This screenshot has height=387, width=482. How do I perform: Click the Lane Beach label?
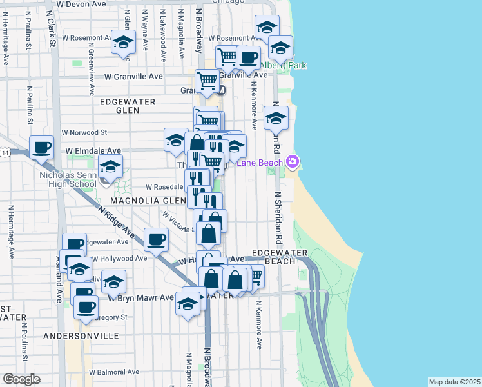260,163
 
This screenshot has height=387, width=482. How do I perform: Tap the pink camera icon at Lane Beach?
293,161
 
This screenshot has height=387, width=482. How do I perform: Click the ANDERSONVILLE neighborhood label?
81,336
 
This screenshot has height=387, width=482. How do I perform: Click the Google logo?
21,379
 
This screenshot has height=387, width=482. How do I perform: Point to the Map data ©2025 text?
455,382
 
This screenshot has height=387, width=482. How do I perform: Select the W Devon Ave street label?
81,4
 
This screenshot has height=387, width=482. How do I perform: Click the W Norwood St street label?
84,133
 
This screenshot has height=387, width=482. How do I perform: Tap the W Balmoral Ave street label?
114,372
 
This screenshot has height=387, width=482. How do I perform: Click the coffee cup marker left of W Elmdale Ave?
42,148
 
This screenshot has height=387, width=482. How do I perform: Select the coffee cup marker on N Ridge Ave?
156,240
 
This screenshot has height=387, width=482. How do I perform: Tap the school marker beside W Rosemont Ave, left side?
122,43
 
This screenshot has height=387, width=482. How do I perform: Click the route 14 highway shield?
5,153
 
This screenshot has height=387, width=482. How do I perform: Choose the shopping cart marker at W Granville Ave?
207,81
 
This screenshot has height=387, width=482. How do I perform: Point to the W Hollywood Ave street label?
120,259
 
